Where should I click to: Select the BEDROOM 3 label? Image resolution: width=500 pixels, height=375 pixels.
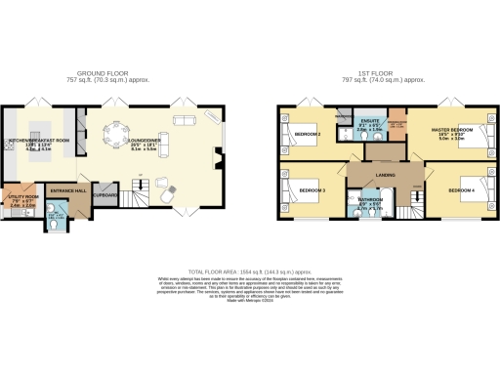[312, 189]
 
